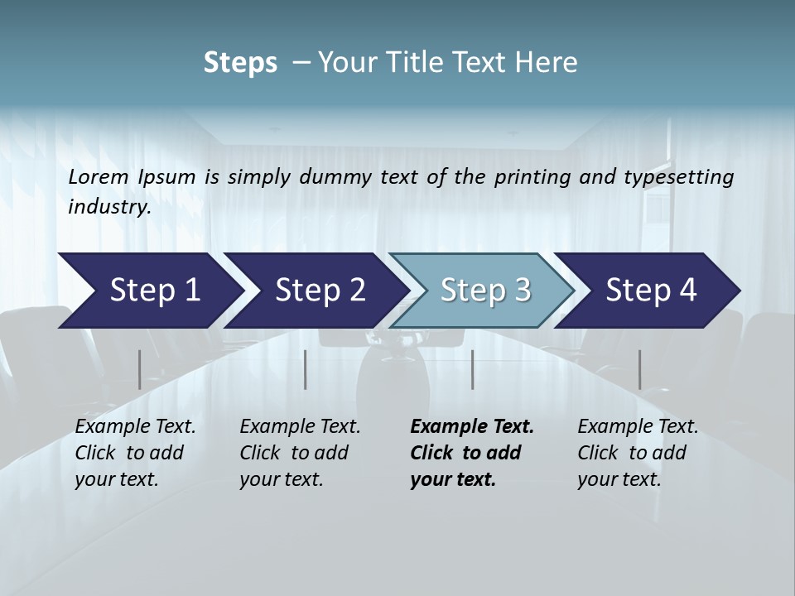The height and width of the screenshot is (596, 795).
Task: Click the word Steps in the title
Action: click(x=240, y=63)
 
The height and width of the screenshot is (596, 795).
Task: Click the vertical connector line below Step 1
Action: click(x=139, y=369)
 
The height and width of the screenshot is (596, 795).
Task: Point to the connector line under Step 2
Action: click(x=306, y=369)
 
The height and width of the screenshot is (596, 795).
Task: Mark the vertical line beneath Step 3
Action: click(x=472, y=369)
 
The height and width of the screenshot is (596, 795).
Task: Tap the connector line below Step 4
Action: click(x=639, y=369)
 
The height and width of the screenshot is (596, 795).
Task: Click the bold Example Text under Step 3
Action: click(x=472, y=427)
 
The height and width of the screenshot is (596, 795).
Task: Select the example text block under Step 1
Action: click(x=135, y=453)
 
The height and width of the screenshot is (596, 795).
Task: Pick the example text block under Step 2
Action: click(x=300, y=453)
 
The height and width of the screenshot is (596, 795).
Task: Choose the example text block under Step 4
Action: click(x=638, y=453)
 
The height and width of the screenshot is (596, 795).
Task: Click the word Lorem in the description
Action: click(x=99, y=177)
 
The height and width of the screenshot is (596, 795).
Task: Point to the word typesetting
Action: click(x=684, y=177)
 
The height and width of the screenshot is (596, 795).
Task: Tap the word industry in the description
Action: click(x=108, y=207)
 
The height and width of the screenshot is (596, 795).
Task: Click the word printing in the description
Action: click(x=532, y=177)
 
